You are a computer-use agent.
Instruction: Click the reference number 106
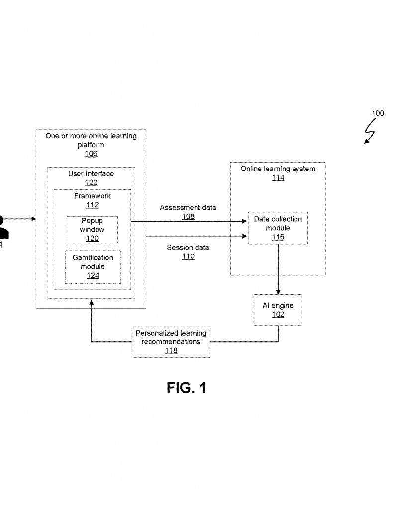(91, 154)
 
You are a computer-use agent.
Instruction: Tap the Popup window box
(92, 229)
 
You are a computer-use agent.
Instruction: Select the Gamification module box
(93, 266)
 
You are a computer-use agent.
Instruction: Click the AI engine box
(278, 310)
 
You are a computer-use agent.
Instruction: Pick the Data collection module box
(278, 228)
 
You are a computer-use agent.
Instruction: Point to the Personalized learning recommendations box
(171, 342)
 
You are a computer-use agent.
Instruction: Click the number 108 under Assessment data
(188, 217)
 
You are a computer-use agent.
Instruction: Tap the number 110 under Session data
(188, 256)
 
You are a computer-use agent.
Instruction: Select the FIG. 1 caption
(187, 388)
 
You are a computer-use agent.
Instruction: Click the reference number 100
(378, 113)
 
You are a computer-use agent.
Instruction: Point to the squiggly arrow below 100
(370, 132)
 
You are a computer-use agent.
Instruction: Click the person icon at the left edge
(4, 226)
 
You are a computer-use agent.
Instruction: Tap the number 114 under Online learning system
(278, 178)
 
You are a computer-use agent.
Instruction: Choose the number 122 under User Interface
(91, 183)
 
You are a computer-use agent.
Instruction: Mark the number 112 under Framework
(92, 205)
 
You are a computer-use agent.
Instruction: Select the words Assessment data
(188, 208)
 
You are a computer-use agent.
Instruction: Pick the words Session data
(188, 248)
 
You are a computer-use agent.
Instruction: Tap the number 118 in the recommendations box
(171, 351)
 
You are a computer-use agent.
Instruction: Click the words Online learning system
(278, 169)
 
